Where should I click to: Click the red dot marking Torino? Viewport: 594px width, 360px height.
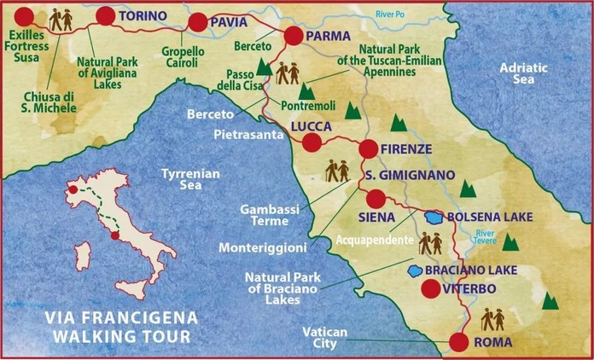[x=106, y=15]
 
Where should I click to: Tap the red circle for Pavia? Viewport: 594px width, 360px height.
[x=197, y=22]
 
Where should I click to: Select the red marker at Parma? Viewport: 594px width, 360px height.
[x=293, y=35]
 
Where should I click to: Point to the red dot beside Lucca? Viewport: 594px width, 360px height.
[x=312, y=142]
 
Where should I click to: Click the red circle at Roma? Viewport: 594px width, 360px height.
[x=458, y=342]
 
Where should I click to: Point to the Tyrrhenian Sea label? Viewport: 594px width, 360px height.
[x=191, y=179]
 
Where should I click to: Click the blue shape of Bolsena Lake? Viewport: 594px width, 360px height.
[x=434, y=217]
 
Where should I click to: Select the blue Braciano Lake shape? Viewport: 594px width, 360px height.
[x=415, y=270]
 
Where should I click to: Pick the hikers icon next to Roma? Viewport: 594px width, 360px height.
[x=492, y=320]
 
